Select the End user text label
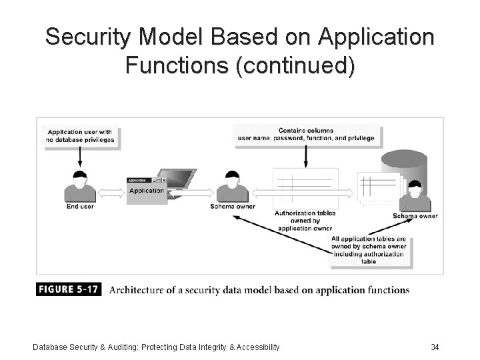point(80,207)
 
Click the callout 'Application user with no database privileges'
point(80,135)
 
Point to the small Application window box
point(146,189)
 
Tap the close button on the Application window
point(164,181)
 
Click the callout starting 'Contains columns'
point(306,135)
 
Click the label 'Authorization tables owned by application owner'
point(305,221)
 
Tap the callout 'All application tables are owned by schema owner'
point(369,250)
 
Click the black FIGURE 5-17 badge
point(69,290)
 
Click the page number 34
point(435,347)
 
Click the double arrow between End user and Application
point(111,193)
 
